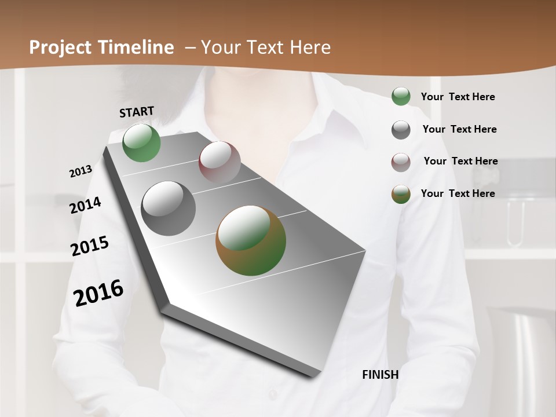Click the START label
click(x=137, y=112)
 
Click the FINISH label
click(x=380, y=375)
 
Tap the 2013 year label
click(x=81, y=171)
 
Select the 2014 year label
click(x=85, y=205)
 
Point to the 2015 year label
click(x=90, y=246)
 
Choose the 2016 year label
click(x=98, y=292)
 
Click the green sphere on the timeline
click(x=141, y=142)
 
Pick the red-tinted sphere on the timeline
click(x=220, y=162)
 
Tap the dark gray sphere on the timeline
click(x=169, y=209)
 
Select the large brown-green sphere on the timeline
click(x=251, y=240)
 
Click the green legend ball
click(x=401, y=97)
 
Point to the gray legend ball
click(x=401, y=130)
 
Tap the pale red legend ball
click(x=401, y=162)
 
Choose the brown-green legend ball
click(x=401, y=194)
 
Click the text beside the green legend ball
click(x=458, y=97)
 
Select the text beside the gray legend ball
click(x=459, y=129)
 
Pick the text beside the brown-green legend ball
click(x=458, y=193)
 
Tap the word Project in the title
click(x=59, y=47)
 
